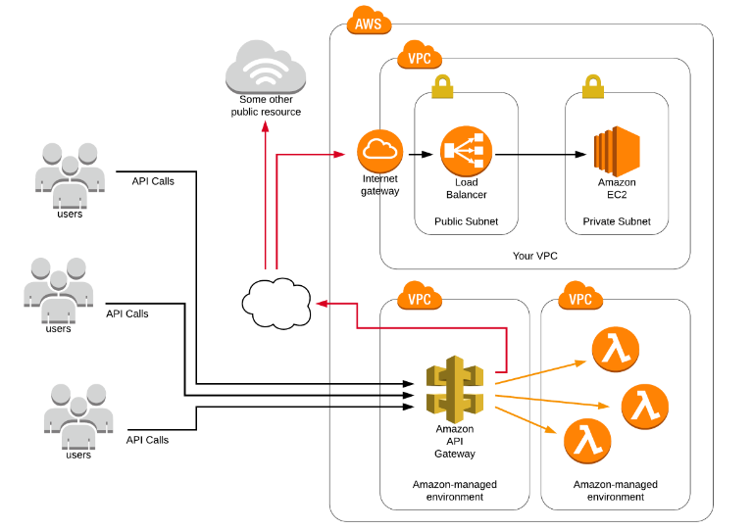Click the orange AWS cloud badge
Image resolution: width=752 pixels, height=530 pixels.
tap(369, 22)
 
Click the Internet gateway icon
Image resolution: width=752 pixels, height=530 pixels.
tap(380, 151)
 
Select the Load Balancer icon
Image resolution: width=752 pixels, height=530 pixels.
tap(466, 151)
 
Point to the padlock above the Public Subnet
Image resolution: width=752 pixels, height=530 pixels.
tap(442, 85)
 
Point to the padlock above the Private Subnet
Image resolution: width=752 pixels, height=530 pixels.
tap(592, 85)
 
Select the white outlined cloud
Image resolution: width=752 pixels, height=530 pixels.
tap(276, 303)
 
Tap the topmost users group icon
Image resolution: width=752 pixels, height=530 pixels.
tap(69, 174)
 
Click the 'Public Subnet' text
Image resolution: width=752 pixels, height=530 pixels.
tap(466, 222)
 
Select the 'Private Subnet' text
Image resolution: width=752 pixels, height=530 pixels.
tap(616, 222)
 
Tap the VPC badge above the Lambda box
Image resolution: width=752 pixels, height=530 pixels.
tap(580, 297)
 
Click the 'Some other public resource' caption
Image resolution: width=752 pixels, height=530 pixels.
tap(266, 106)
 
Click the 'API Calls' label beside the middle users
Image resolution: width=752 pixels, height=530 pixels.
tap(127, 313)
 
